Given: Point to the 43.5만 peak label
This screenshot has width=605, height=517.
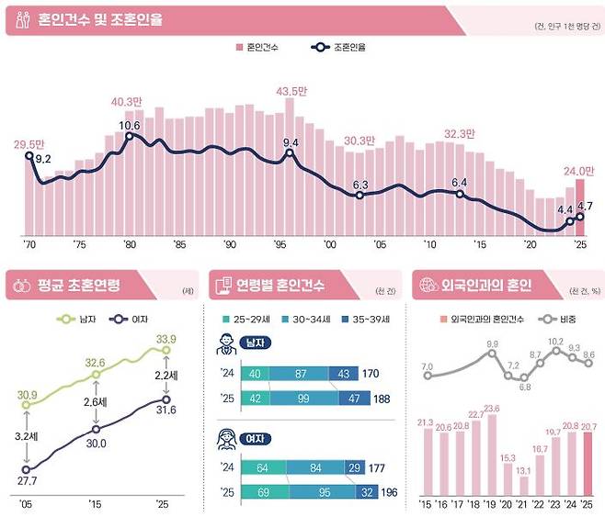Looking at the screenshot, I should tap(291, 91).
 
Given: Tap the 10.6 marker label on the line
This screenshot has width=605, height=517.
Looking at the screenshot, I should tap(129, 125).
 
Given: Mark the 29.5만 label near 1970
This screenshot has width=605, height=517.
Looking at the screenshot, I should tap(29, 145).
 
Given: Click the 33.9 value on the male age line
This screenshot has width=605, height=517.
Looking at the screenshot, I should tap(166, 339).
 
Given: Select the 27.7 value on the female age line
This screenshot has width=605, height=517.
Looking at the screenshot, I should tap(27, 481).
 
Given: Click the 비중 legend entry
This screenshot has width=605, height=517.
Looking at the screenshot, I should tap(552, 319).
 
